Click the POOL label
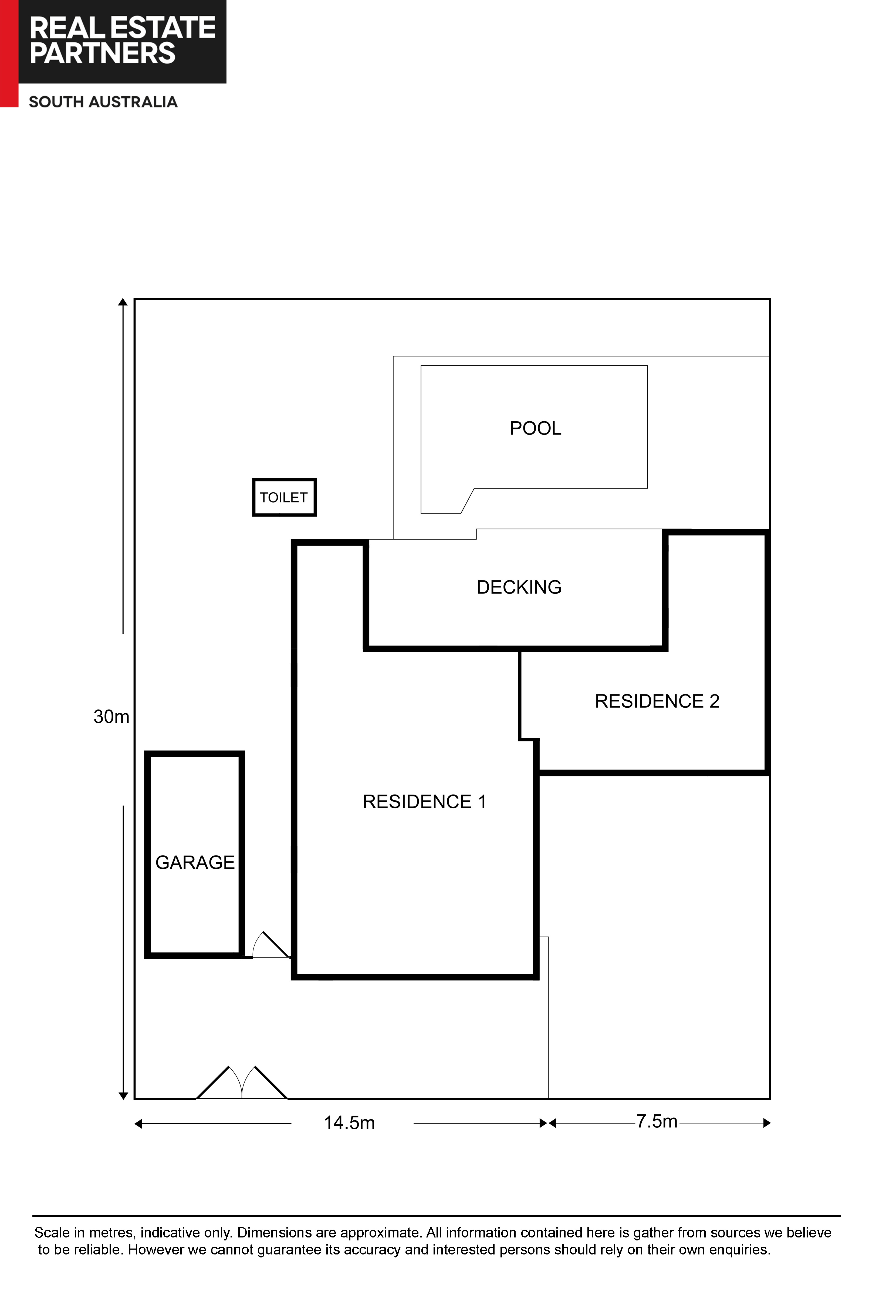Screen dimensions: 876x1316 click(535, 428)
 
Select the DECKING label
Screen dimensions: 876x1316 click(519, 587)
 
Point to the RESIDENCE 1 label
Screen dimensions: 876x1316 click(425, 802)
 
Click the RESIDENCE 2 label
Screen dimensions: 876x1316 click(657, 701)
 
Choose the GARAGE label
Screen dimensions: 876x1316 click(195, 862)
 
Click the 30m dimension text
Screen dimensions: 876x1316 click(111, 717)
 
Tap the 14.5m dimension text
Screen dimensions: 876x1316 click(349, 1123)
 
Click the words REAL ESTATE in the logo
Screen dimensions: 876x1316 click(122, 27)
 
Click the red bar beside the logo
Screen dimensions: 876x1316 click(9, 54)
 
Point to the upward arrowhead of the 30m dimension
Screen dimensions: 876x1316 click(123, 302)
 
